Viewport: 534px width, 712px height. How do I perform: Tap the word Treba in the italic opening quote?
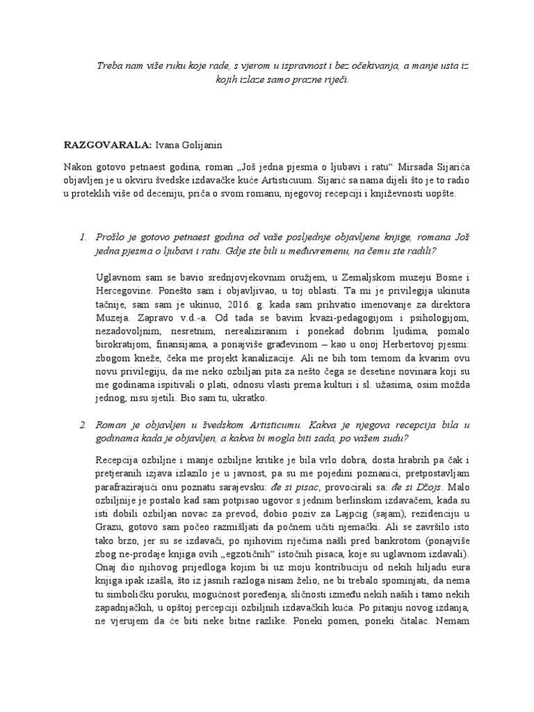(x=108, y=65)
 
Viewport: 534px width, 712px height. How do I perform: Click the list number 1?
(x=84, y=238)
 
